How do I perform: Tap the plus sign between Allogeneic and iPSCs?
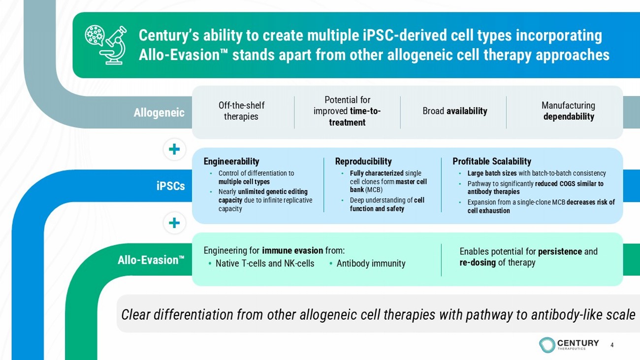pos(174,149)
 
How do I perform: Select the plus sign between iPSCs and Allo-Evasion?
pos(174,223)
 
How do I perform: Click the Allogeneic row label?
pos(159,113)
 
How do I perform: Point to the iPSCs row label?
pos(171,186)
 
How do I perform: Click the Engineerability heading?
pos(231,162)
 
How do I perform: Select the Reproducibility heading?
pos(363,162)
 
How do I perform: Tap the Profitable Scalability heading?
pos(492,162)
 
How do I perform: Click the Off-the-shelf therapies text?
pos(241,111)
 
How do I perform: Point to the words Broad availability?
pos(455,111)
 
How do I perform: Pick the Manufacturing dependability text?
pos(568,111)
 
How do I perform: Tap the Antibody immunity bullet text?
pos(371,263)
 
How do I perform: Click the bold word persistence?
pos(560,252)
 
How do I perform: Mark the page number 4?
pos(612,345)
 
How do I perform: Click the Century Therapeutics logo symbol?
pos(547,345)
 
